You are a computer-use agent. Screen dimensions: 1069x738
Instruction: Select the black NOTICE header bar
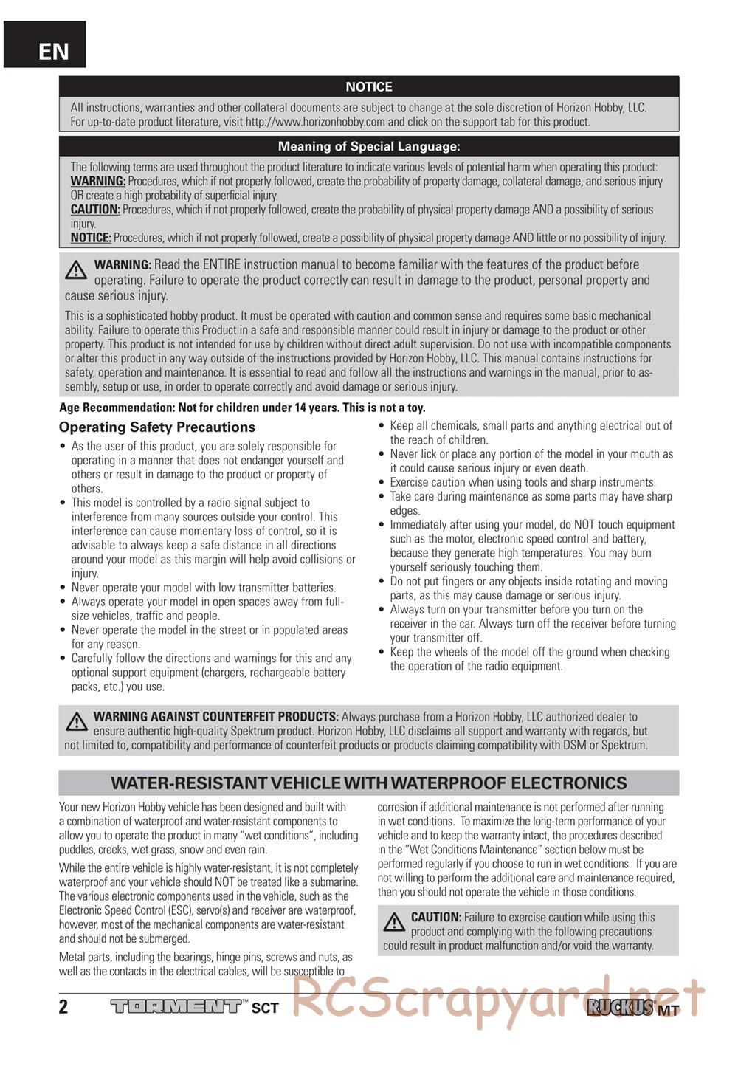pyautogui.click(x=369, y=86)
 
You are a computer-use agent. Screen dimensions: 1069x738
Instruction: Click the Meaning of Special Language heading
pyautogui.click(x=369, y=147)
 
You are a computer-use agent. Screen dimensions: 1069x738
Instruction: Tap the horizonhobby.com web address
pyautogui.click(x=315, y=123)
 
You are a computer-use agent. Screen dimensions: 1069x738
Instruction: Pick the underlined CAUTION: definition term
pyautogui.click(x=95, y=210)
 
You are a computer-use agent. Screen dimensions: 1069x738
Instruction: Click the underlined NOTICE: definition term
pyautogui.click(x=91, y=238)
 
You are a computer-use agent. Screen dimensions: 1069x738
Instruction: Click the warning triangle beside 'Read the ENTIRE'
pyautogui.click(x=75, y=270)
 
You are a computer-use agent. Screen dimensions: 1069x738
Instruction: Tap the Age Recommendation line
pyautogui.click(x=242, y=408)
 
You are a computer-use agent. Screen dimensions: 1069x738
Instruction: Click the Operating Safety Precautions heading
pyautogui.click(x=156, y=427)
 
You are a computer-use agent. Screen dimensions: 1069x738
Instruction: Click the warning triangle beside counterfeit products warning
pyautogui.click(x=75, y=721)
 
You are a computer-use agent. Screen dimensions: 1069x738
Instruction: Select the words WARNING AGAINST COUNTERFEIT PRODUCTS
pyautogui.click(x=215, y=717)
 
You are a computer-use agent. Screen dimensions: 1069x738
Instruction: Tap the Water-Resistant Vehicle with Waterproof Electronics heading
pyautogui.click(x=369, y=783)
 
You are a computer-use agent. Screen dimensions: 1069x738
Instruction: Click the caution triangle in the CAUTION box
pyautogui.click(x=395, y=922)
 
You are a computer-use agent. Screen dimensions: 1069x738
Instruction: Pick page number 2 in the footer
pyautogui.click(x=63, y=1007)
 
